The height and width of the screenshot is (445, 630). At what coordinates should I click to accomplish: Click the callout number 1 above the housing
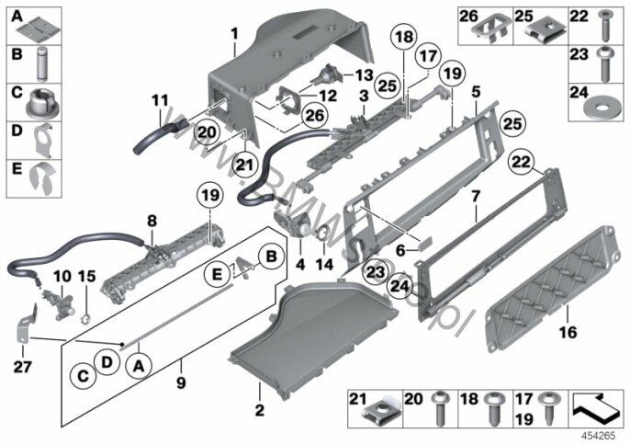pos(234,35)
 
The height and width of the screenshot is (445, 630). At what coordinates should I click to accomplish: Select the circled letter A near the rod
pos(139,367)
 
